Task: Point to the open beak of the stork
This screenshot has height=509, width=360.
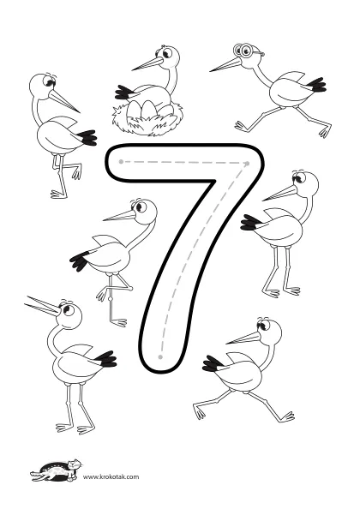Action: pos(42,306)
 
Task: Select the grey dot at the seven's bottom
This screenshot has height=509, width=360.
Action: pos(160,357)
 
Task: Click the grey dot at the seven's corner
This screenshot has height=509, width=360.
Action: pos(248,164)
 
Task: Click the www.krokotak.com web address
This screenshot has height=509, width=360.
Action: pos(111,476)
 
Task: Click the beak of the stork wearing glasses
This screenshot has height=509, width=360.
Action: pos(226,65)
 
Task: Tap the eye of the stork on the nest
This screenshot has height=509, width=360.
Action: pos(167,53)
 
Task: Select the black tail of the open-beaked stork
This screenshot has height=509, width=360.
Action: pos(105,359)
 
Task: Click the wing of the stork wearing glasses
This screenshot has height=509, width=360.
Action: pos(294,79)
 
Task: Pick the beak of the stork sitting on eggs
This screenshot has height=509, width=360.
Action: pos(147,64)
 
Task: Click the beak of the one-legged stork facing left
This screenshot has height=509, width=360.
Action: pos(119,216)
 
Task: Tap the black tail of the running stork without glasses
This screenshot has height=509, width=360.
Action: pos(212,364)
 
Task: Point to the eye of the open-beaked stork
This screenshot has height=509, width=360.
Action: pos(67,309)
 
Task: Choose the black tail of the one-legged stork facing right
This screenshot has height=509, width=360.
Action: pos(87,138)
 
